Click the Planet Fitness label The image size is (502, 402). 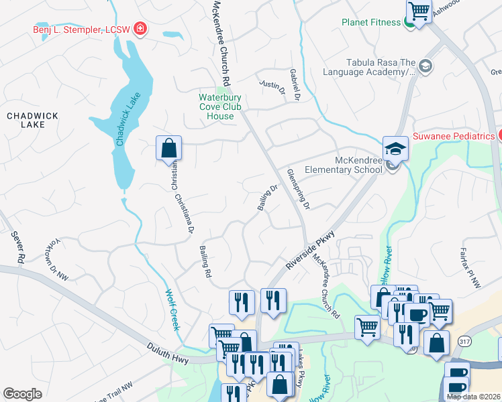370,22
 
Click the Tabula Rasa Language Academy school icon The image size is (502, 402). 425,66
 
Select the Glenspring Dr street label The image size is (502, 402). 298,189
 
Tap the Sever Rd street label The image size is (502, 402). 17,247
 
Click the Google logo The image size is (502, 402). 23,394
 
